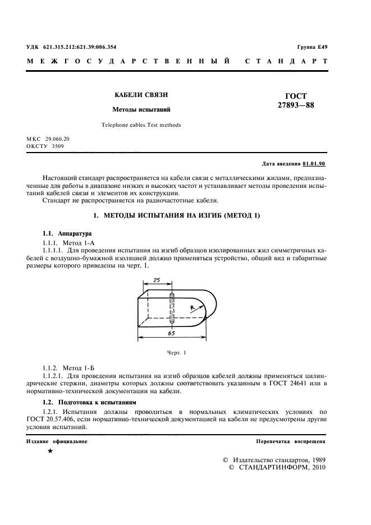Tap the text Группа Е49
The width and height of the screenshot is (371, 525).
[x=312, y=47]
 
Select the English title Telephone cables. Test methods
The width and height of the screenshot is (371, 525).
[x=141, y=125]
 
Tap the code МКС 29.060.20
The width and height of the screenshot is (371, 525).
[x=48, y=139]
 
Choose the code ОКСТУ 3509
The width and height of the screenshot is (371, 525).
[x=45, y=146]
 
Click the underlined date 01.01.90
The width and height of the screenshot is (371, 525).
[x=314, y=164]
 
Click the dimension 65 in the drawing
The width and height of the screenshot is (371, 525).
[x=171, y=333]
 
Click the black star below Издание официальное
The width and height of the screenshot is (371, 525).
[x=51, y=451]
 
